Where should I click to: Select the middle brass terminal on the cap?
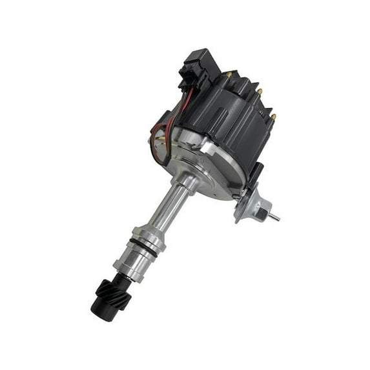pyautogui.click(x=260, y=92)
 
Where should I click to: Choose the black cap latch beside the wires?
pyautogui.click(x=161, y=123)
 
